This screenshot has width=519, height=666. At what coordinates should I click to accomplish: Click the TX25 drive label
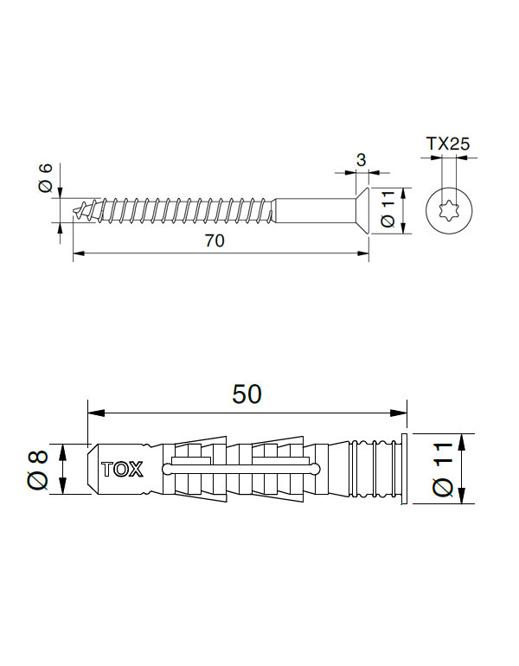click(x=447, y=144)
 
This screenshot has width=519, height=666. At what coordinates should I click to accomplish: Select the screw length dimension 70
click(x=215, y=241)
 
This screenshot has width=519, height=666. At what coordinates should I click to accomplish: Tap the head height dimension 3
click(x=361, y=160)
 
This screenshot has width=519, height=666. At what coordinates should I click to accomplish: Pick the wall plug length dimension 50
click(x=247, y=394)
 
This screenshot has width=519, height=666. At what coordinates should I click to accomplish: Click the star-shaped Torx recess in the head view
click(x=447, y=210)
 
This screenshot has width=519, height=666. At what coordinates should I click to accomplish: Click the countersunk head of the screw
click(x=362, y=210)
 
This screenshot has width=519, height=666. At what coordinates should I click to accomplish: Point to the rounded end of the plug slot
click(x=315, y=470)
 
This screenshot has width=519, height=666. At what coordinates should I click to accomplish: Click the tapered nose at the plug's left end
click(x=93, y=470)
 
